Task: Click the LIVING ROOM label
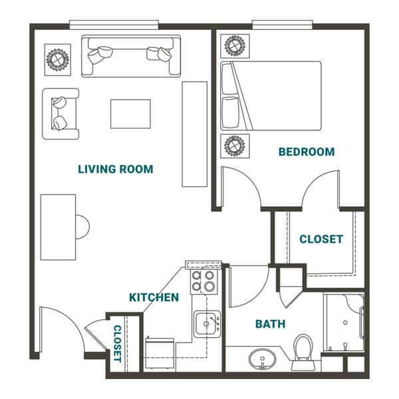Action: tap(116, 169)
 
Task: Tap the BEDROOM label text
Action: tap(306, 152)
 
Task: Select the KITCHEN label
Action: tap(154, 297)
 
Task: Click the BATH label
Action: tap(270, 324)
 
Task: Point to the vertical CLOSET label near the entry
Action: tap(117, 343)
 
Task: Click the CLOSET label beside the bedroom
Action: tap(321, 239)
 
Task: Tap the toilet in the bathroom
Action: tap(303, 350)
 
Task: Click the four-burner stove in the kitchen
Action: tap(203, 281)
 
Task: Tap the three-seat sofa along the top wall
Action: tap(131, 56)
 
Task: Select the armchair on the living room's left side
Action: tap(61, 113)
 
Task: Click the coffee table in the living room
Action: tap(130, 113)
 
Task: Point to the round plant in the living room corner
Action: tap(57, 59)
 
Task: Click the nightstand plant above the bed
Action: tap(234, 46)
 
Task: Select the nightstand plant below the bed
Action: tap(234, 144)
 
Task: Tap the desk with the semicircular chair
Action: tap(59, 227)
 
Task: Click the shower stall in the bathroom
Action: tap(344, 323)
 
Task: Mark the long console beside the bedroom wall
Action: tap(195, 134)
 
